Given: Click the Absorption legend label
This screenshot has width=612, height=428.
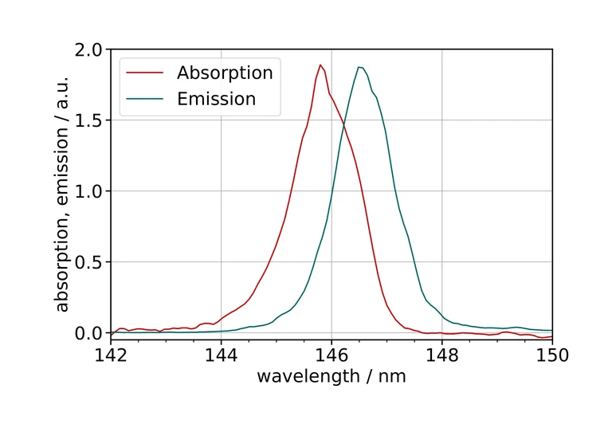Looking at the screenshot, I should (225, 73).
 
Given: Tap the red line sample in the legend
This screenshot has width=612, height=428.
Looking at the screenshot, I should (148, 73).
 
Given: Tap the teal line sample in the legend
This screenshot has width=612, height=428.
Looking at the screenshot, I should (148, 99).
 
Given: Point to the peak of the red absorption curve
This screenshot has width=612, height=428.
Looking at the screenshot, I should (320, 65).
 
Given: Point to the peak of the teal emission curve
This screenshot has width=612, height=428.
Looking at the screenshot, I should (360, 67).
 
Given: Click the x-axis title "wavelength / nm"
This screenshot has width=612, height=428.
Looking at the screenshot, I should (331, 376).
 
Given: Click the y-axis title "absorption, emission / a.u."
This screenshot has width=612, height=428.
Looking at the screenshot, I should (63, 191).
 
